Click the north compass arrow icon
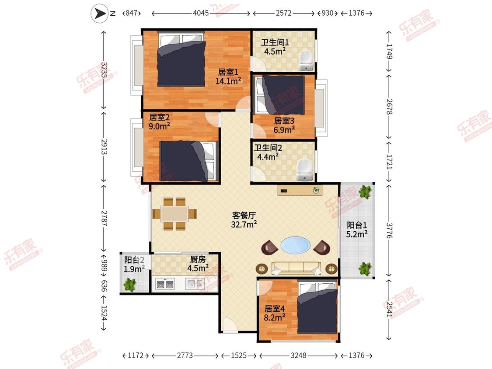coord(99,14)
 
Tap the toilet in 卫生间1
coord(306,61)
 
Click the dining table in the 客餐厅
coord(174,214)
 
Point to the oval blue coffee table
coord(296,245)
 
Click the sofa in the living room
coord(296,268)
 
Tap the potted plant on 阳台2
coord(129,285)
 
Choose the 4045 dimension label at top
coord(201,13)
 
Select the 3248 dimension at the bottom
coord(298,355)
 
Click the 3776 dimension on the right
coord(389,231)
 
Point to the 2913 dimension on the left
coord(104,146)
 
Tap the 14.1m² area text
coord(228,81)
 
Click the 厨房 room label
coord(198,259)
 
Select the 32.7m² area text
coord(244,224)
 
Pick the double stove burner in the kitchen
coord(165,284)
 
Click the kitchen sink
coord(195,284)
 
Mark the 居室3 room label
coord(284,121)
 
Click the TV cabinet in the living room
coord(300,190)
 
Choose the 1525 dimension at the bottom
coord(239,355)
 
